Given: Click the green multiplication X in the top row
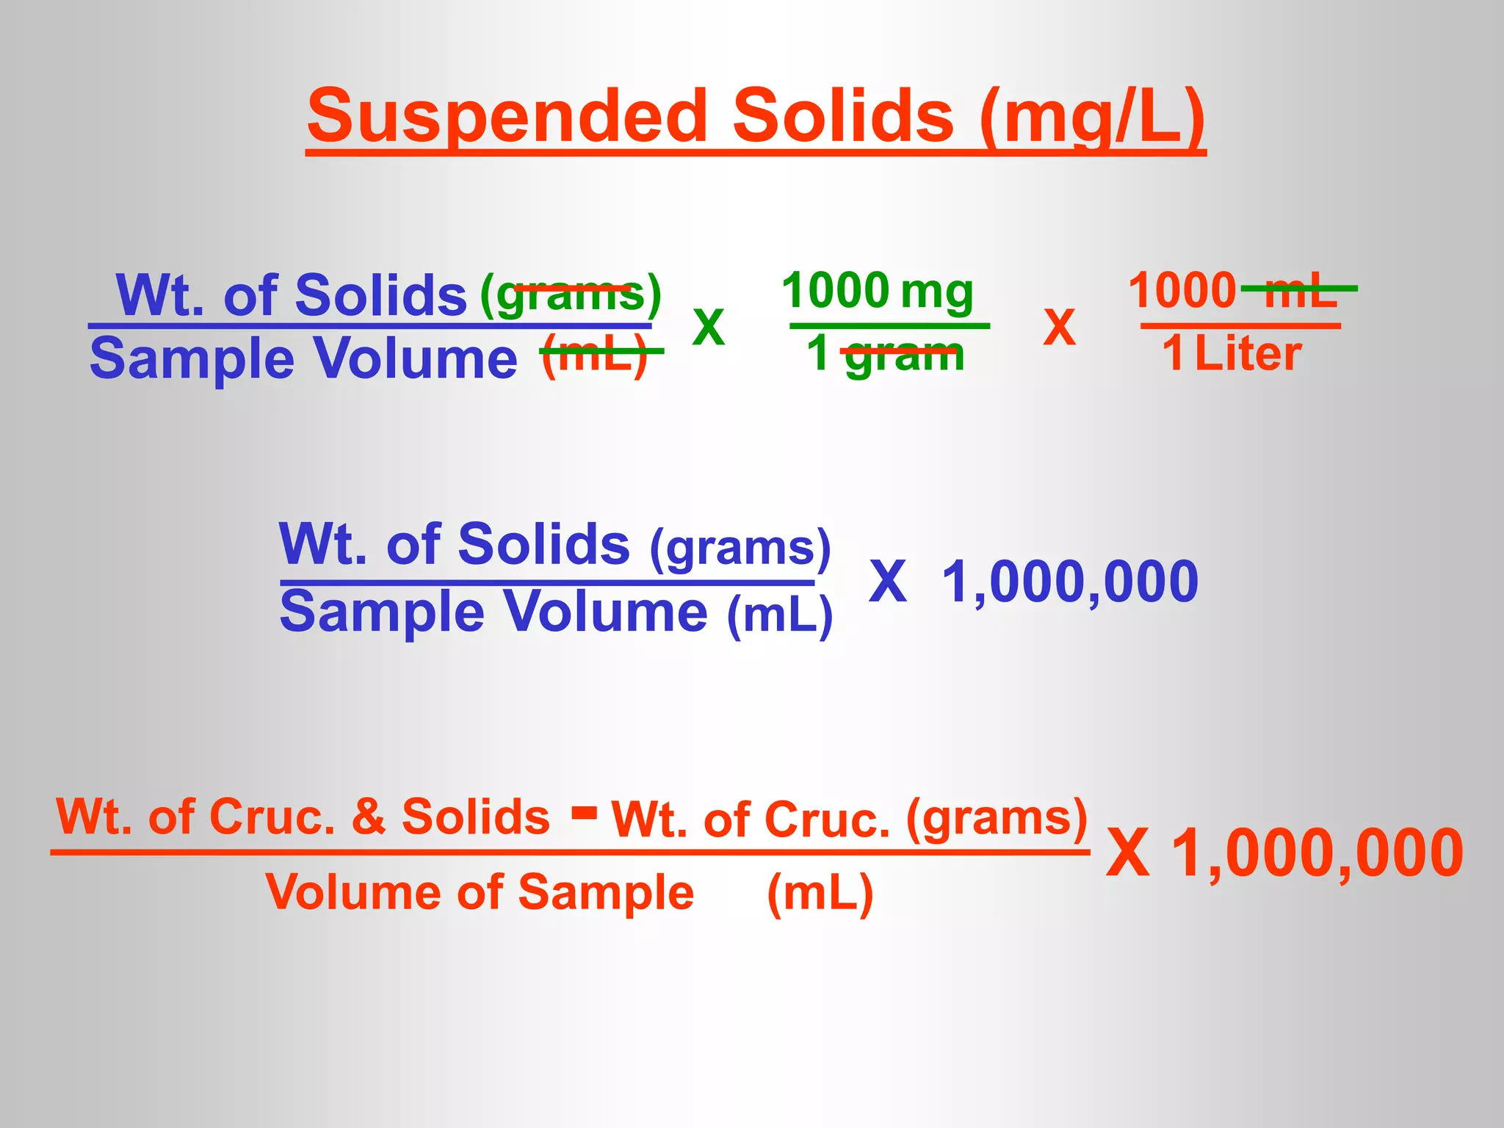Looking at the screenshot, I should (709, 328).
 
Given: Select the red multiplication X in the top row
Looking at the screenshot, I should (1059, 328).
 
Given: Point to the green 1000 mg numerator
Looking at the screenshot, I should (878, 291).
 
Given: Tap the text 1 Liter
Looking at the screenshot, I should (1232, 354).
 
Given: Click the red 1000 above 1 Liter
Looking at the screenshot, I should (1182, 291).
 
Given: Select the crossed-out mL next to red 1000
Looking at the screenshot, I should (1301, 291).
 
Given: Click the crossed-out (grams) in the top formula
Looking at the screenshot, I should (571, 294).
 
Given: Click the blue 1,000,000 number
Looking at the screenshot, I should (1069, 582).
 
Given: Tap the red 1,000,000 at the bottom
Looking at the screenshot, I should (1317, 853).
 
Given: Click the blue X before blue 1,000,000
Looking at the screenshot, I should (888, 582).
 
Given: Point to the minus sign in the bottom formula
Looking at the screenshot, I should (585, 813).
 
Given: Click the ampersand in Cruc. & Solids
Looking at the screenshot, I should (368, 817).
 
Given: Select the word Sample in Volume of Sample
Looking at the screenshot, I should (606, 893).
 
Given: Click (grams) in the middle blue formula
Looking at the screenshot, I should (740, 548).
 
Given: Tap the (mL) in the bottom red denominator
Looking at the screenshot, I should (820, 893).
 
